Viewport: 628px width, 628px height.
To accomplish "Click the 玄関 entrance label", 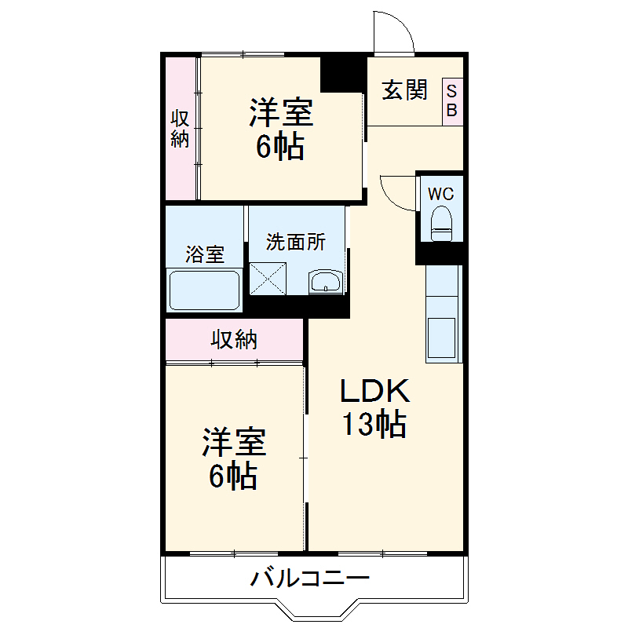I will (x=405, y=91).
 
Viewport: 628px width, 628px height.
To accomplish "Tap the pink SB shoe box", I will (x=452, y=100).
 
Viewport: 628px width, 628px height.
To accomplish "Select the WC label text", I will (x=440, y=193).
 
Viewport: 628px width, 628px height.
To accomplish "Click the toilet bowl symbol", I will (x=442, y=222).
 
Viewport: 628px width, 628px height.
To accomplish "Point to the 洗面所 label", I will (x=295, y=243).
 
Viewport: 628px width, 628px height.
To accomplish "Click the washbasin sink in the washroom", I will (x=325, y=282).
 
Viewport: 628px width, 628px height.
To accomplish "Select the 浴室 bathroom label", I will (x=204, y=254).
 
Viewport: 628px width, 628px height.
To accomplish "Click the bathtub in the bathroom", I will (x=204, y=290).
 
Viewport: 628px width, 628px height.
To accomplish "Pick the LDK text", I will (x=374, y=391).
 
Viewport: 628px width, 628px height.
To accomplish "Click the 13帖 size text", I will (x=373, y=425).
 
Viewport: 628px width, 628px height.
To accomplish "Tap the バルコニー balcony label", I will (x=309, y=581).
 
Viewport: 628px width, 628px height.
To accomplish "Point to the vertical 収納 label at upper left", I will (x=181, y=129).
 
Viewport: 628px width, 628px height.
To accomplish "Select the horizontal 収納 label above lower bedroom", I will (x=233, y=340).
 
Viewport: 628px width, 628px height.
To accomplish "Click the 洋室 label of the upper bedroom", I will (x=281, y=112).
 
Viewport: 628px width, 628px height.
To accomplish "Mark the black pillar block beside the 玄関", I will (x=343, y=73).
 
